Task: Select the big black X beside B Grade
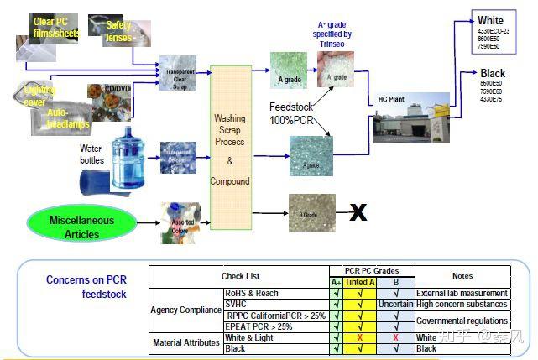(x=358, y=211)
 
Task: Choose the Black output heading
(x=492, y=74)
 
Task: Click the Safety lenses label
(x=119, y=31)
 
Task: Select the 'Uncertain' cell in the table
(x=395, y=304)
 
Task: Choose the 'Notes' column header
(x=462, y=276)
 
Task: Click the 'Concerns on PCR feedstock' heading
(x=86, y=287)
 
